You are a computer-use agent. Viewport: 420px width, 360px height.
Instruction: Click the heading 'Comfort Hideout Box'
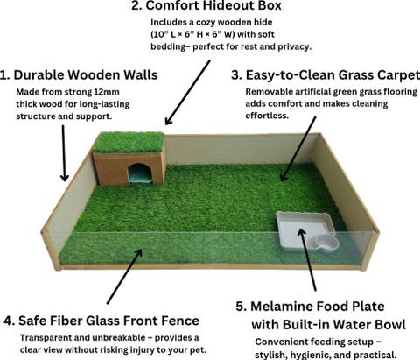[x=213, y=5]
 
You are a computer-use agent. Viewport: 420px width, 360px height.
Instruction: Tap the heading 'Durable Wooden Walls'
[x=86, y=74]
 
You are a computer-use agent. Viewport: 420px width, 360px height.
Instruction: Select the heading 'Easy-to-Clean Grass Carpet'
[x=332, y=75]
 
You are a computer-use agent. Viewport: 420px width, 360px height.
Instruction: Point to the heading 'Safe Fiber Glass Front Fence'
[x=108, y=321]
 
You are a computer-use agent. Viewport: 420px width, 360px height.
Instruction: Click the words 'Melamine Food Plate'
[x=318, y=307]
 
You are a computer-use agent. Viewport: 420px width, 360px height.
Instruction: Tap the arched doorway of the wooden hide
[x=140, y=173]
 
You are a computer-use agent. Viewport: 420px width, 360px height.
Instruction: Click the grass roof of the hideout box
[x=129, y=142]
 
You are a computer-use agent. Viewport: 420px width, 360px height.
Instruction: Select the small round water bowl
[x=327, y=243]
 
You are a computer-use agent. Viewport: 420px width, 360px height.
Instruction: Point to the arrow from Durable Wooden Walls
[x=64, y=153]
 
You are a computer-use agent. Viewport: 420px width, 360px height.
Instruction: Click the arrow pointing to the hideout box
[x=187, y=93]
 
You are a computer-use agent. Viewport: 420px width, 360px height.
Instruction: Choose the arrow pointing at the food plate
[x=307, y=259]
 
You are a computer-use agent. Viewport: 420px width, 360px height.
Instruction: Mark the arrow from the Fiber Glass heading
[x=124, y=276]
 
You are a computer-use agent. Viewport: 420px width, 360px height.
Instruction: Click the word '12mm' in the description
[x=107, y=92]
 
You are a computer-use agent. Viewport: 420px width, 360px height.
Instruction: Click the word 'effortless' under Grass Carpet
[x=267, y=116]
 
